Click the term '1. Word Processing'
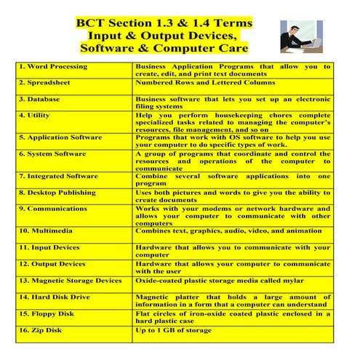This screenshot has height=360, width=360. coord(53,66)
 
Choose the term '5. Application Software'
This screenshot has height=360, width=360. coord(60,136)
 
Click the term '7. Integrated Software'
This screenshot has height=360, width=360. coord(57,175)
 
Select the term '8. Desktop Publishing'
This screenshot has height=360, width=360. coord(57,193)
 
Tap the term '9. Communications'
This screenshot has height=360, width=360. coord(54,209)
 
